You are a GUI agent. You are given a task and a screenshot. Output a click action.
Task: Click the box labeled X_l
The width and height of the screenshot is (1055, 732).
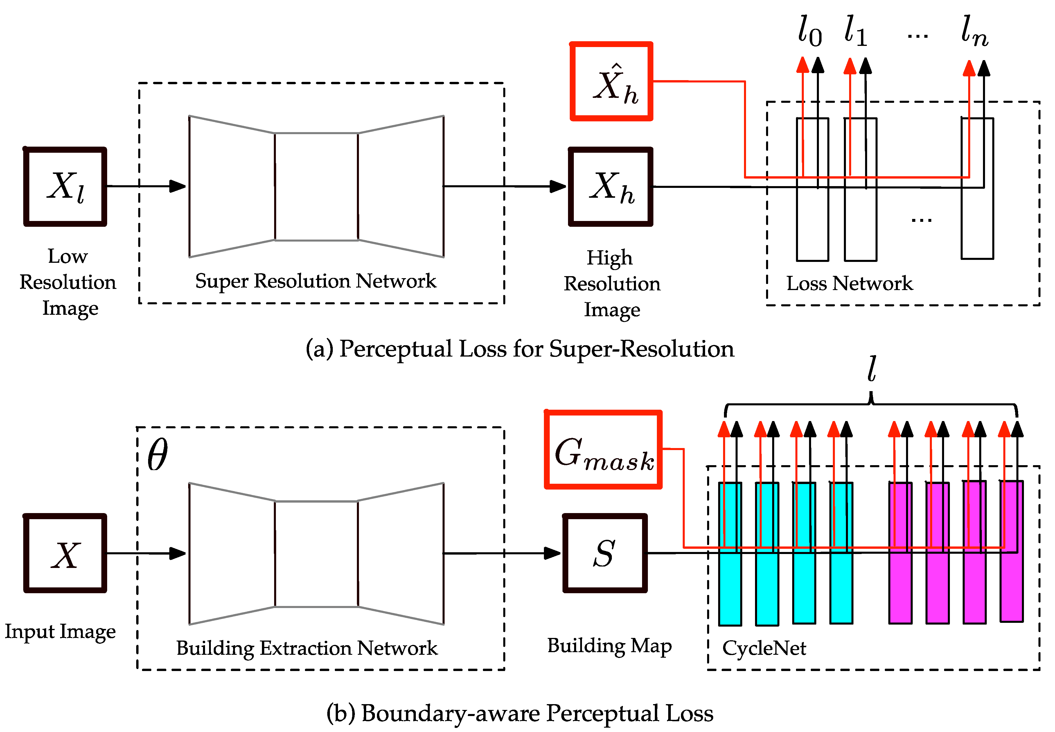(x=65, y=187)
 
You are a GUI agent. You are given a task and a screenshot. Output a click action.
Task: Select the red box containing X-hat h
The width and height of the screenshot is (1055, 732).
(x=611, y=82)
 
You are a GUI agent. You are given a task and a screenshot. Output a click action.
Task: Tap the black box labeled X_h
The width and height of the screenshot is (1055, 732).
(x=610, y=187)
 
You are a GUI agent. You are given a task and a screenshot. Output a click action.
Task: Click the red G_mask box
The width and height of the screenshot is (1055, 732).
(x=603, y=449)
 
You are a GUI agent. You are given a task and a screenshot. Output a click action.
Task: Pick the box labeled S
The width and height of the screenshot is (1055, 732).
(x=605, y=553)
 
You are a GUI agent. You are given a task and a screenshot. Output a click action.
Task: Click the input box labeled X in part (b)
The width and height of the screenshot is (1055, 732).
(x=65, y=553)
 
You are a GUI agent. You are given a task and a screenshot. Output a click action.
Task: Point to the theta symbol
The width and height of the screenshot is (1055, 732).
(x=157, y=454)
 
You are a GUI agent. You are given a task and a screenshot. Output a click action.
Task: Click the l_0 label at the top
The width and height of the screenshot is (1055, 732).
(x=810, y=31)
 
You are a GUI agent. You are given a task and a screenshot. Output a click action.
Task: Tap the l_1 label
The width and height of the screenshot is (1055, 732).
(x=856, y=31)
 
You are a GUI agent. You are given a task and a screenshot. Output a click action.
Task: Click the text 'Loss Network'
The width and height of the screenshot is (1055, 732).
(x=849, y=283)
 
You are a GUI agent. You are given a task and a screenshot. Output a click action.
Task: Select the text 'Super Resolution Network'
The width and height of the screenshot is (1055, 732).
(x=316, y=281)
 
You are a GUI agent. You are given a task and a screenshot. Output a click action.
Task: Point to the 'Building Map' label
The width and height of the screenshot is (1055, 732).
(x=609, y=646)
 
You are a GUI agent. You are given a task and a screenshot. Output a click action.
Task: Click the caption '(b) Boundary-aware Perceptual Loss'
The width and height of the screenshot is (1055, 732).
(x=520, y=713)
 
